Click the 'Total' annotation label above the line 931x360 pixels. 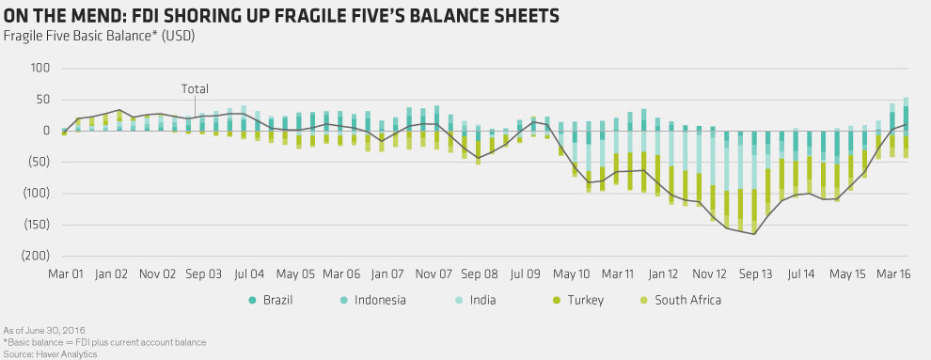coord(195,89)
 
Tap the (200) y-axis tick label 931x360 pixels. coord(35,256)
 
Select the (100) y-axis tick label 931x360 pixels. coord(35,193)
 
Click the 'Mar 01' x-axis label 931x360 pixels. coord(65,274)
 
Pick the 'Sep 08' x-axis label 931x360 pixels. coord(479,274)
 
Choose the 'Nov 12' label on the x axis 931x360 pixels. coord(709,274)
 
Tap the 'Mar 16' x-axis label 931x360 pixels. coord(894,274)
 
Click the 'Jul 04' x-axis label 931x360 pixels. coord(249,274)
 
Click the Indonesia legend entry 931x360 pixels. coord(374,300)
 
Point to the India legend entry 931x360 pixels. coord(476,300)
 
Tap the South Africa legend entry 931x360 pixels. coord(681,300)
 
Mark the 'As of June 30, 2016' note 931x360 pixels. coord(37,330)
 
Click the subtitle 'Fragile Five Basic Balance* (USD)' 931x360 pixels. coord(99,36)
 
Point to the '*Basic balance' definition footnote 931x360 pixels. coord(104,341)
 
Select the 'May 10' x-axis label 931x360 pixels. coord(571,274)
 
